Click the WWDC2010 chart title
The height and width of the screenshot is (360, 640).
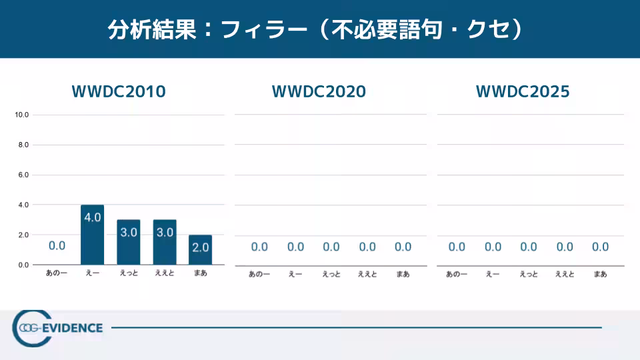coord(119,92)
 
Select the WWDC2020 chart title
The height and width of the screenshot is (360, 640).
coord(319,92)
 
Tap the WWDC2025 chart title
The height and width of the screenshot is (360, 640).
coord(523,92)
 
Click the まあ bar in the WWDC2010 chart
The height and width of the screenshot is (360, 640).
coord(200,249)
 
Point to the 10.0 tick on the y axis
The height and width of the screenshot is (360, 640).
coord(22,115)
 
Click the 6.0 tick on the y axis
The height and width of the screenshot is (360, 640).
coord(22,175)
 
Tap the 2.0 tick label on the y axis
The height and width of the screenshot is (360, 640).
coord(22,235)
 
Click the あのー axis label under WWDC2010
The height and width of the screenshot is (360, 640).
coord(57,273)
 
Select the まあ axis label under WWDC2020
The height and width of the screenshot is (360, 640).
coord(403,274)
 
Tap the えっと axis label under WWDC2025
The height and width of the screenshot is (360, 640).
coord(529,274)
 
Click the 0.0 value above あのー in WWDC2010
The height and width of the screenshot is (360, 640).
coord(57,245)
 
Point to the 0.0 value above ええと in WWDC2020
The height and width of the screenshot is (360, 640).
coord(367,247)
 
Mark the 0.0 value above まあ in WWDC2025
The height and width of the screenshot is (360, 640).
coord(600,247)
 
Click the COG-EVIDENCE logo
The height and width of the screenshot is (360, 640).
coord(59,327)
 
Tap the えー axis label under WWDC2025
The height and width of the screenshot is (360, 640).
coord(493,274)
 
